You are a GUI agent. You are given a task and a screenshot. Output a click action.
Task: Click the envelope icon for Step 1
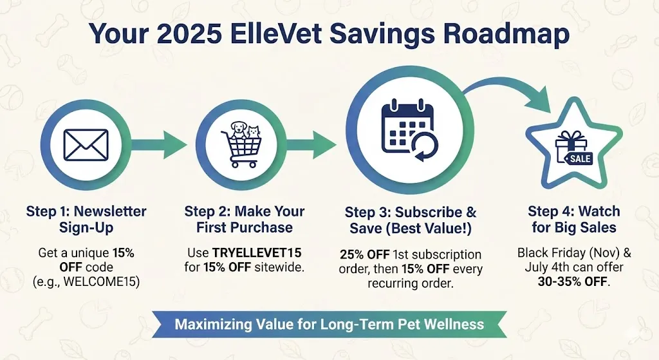pos(86,145)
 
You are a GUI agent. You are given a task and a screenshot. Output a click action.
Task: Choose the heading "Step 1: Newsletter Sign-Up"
pos(86,219)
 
